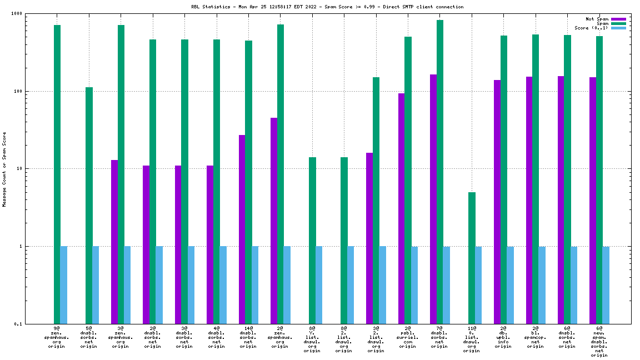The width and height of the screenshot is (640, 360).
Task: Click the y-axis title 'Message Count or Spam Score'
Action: coord(4,169)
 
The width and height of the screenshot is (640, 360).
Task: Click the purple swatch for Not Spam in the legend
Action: coord(618,19)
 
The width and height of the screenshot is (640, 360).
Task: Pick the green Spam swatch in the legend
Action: coord(618,23)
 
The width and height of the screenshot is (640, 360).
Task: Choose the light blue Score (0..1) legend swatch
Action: coord(618,28)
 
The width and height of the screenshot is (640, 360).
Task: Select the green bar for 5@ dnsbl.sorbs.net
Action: coord(89,206)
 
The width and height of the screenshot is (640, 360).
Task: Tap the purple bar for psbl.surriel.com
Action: coord(401,208)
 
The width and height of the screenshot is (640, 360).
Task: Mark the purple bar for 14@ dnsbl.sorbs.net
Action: coord(242,229)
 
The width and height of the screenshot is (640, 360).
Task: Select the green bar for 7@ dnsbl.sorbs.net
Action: coord(440,172)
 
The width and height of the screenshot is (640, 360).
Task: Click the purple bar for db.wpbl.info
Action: coord(497,202)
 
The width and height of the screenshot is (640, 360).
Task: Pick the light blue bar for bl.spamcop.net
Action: coord(542,284)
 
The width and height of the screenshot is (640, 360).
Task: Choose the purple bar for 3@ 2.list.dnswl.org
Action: coord(369,238)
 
